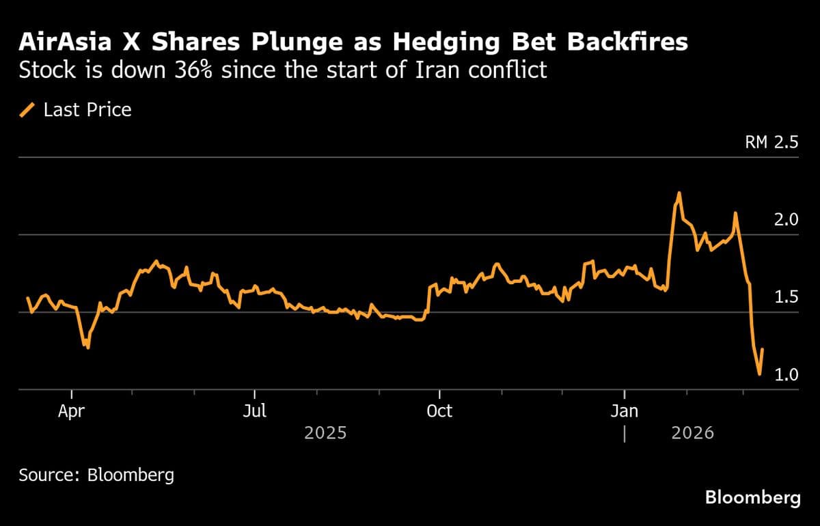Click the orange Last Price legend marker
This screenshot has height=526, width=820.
point(28,110)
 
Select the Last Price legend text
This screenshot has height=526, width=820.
point(87,110)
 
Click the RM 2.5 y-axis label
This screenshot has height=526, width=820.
point(771,143)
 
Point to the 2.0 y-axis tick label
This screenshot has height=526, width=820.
point(784,220)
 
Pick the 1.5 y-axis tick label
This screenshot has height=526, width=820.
point(784,297)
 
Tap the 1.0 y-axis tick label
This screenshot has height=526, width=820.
point(784,374)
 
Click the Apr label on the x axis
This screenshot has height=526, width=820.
point(72,411)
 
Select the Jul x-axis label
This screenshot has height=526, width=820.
point(255,411)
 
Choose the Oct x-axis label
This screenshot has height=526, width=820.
point(439,411)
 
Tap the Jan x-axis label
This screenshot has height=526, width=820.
point(625,411)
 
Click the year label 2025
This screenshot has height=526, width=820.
point(325,433)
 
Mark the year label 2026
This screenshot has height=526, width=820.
point(692,433)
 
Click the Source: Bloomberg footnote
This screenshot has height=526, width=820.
point(96,475)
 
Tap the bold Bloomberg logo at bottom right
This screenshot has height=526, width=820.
point(752,497)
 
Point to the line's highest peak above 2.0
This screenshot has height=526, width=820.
point(679,193)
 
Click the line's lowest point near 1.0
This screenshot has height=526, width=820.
point(759,374)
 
